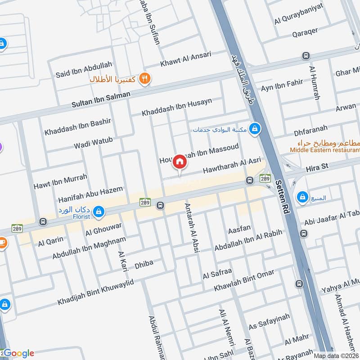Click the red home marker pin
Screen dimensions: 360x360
[x=179, y=162]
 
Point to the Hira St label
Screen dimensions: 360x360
[x=317, y=167]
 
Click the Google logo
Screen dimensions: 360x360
[x=18, y=353]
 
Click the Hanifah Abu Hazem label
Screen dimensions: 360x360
[x=90, y=194]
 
